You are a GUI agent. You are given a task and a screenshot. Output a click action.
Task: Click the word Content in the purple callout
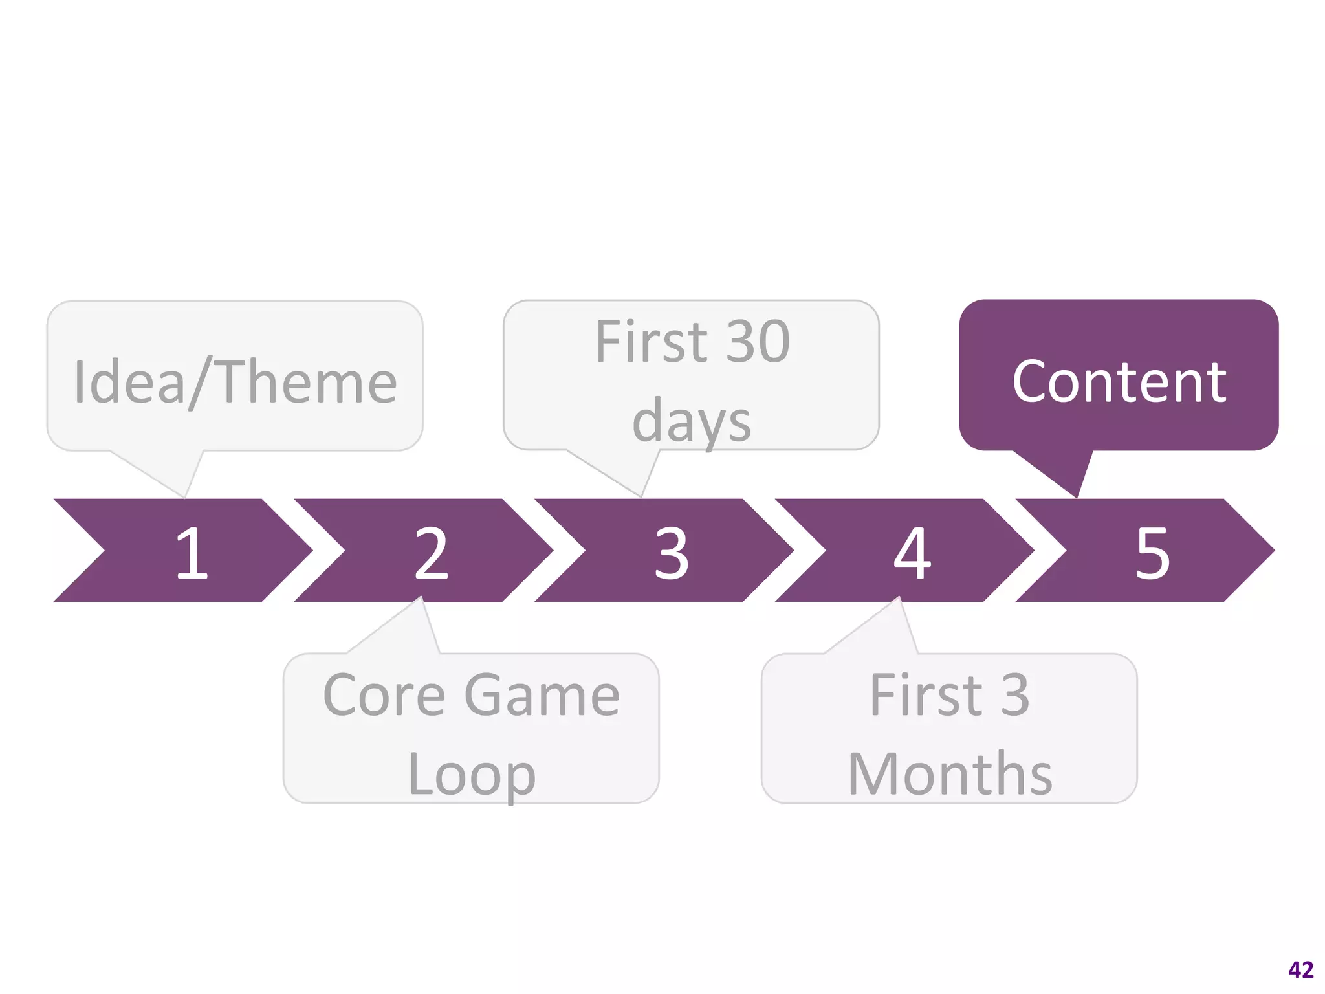[1119, 382]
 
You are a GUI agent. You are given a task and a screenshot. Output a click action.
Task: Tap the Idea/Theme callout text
[235, 382]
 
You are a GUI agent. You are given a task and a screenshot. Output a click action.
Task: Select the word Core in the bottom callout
[384, 695]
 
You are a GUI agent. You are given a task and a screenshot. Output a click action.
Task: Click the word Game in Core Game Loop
[542, 695]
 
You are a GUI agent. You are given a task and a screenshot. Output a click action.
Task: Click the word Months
[950, 774]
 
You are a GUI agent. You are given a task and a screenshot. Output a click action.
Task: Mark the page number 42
[1300, 969]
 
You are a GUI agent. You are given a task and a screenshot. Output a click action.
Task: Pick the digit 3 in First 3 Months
[1015, 695]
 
